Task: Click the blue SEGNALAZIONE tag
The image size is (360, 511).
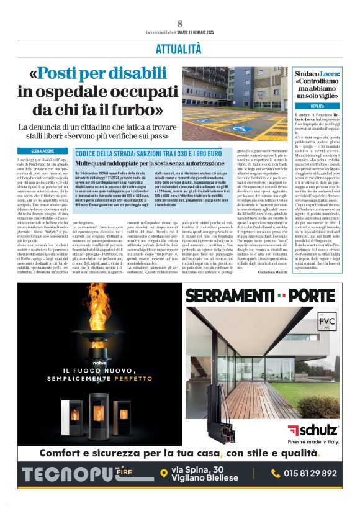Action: tap(43, 151)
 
